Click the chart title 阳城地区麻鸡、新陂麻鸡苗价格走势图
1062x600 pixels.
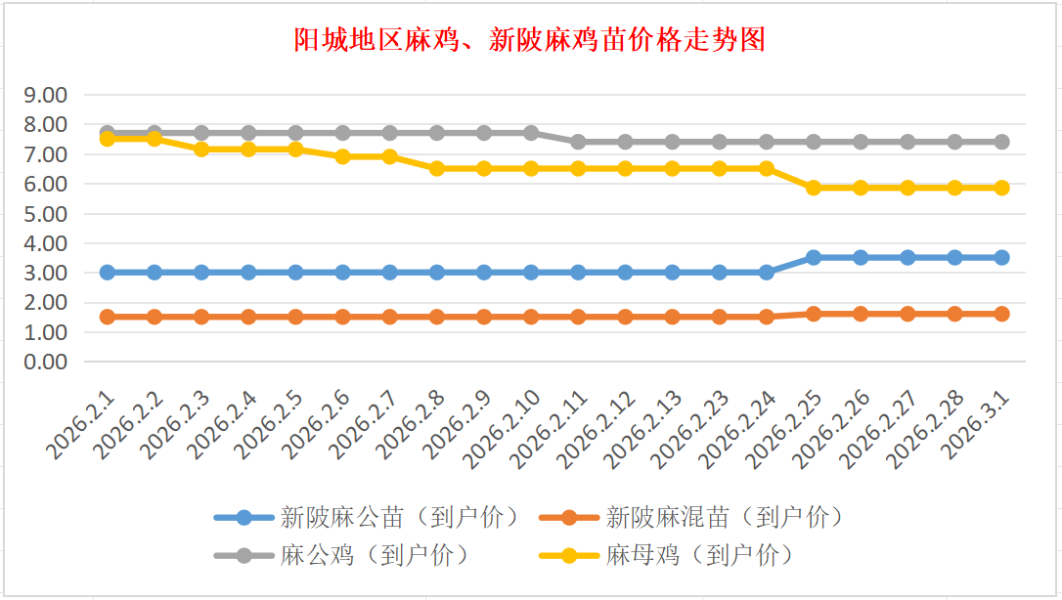[530, 40]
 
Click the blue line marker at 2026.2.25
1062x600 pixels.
[814, 257]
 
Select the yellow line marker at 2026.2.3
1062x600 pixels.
[201, 150]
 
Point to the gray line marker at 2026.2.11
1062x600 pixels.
[578, 142]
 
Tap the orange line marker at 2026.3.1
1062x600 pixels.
[1001, 314]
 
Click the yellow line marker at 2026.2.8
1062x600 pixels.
[437, 168]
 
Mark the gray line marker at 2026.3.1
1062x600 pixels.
[1001, 142]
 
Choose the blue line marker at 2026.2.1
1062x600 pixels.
[108, 273]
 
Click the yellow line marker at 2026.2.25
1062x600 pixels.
[814, 188]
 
